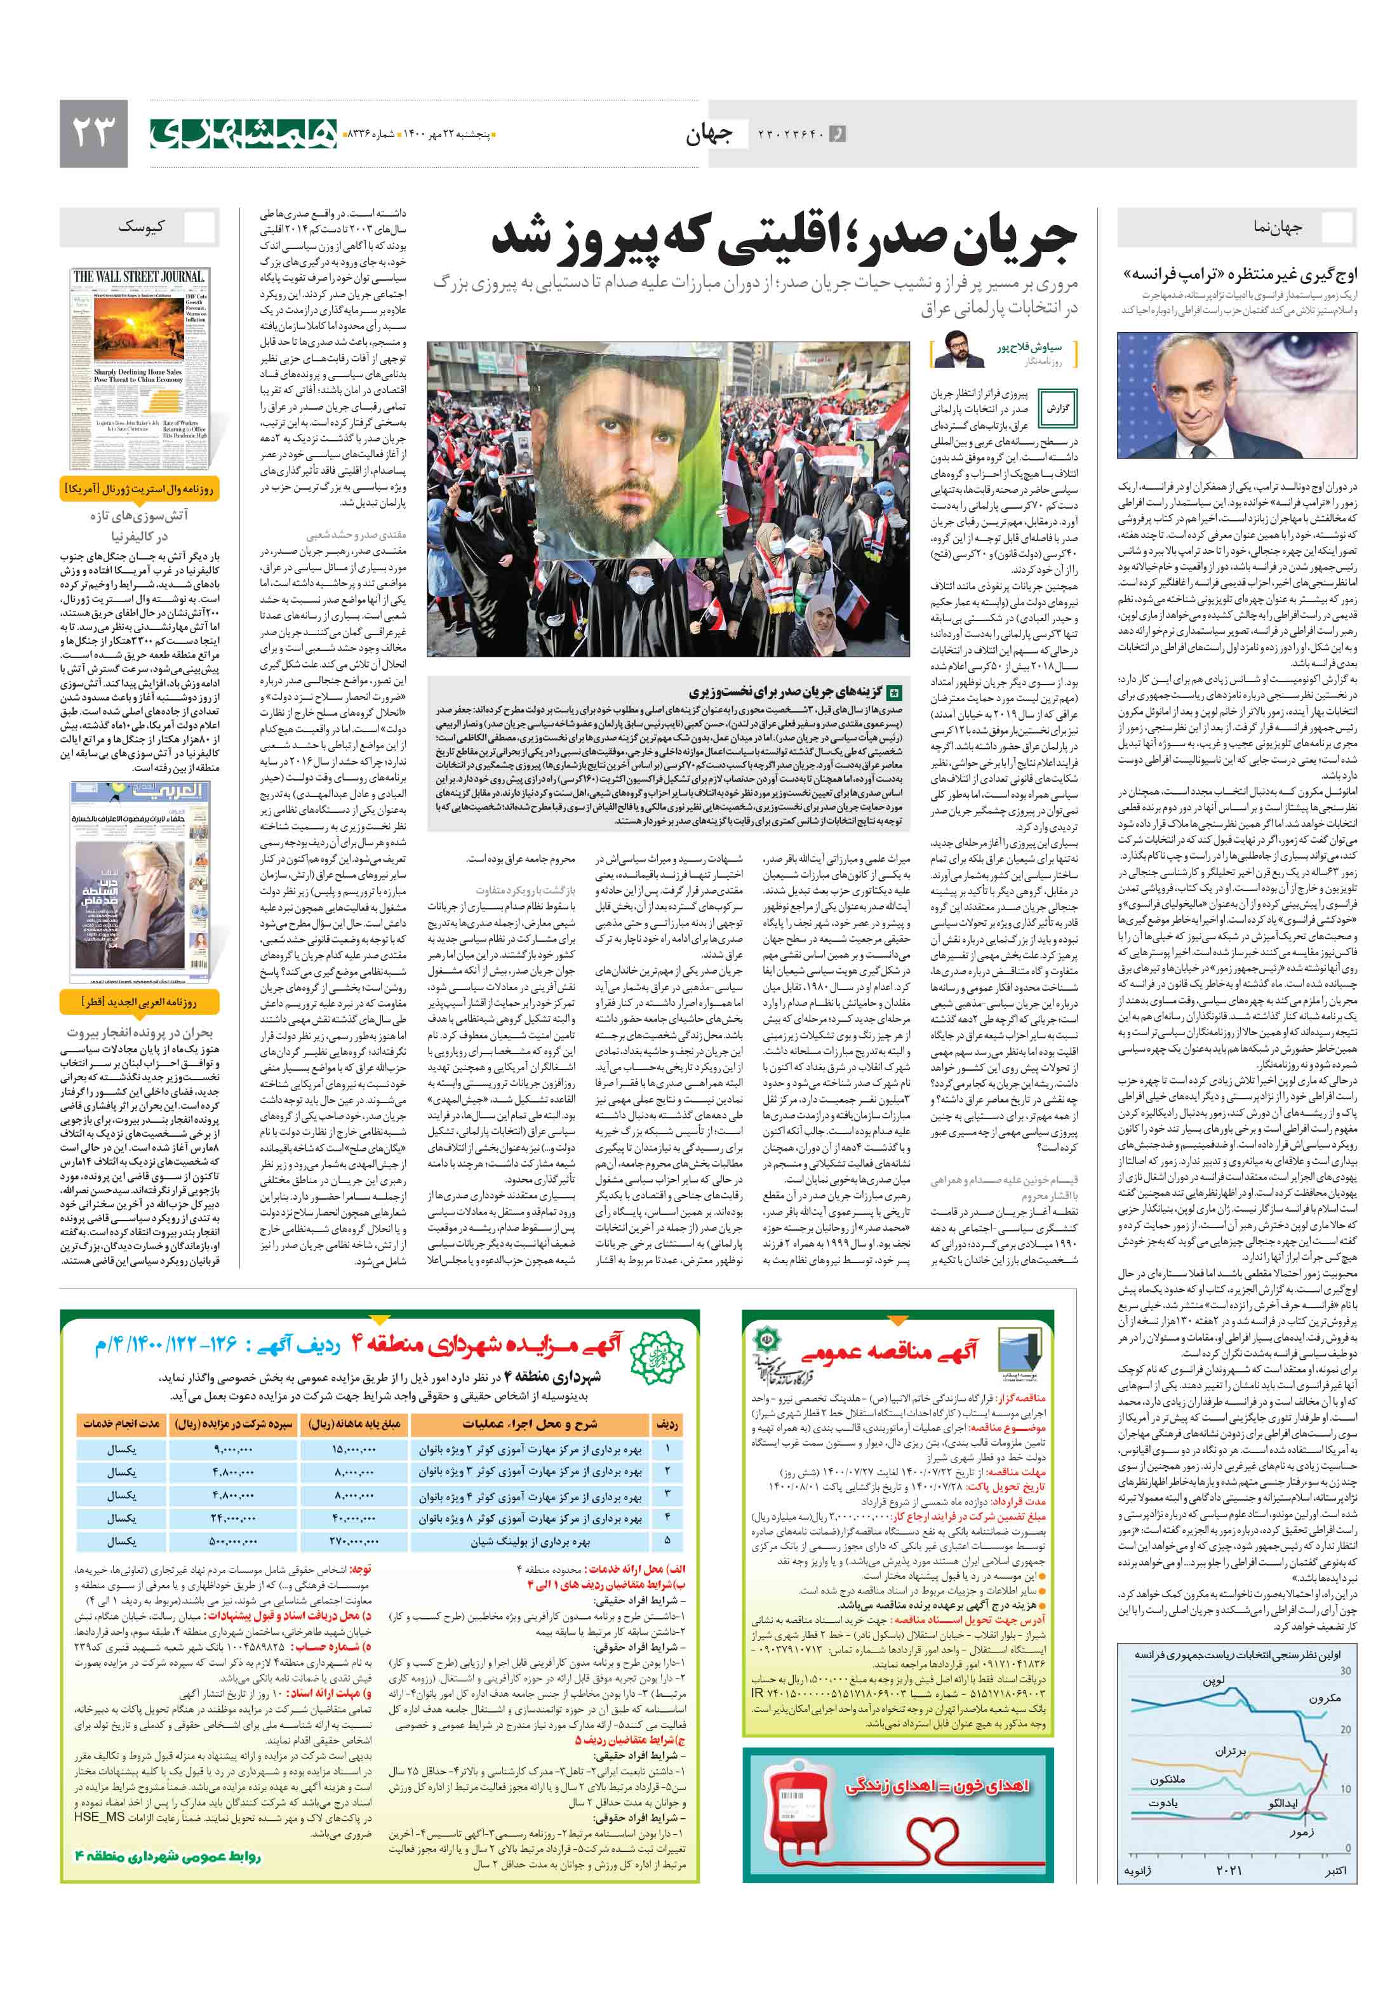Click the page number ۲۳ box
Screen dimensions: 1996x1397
93,133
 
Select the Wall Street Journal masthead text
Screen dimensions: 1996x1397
138,276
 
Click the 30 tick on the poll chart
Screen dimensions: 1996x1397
1345,1670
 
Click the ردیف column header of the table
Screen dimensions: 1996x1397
667,1424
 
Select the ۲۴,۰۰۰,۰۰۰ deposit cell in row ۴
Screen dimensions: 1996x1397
233,1518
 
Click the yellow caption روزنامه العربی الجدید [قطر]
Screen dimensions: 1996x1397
140,1002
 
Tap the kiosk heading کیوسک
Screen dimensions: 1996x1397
141,227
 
